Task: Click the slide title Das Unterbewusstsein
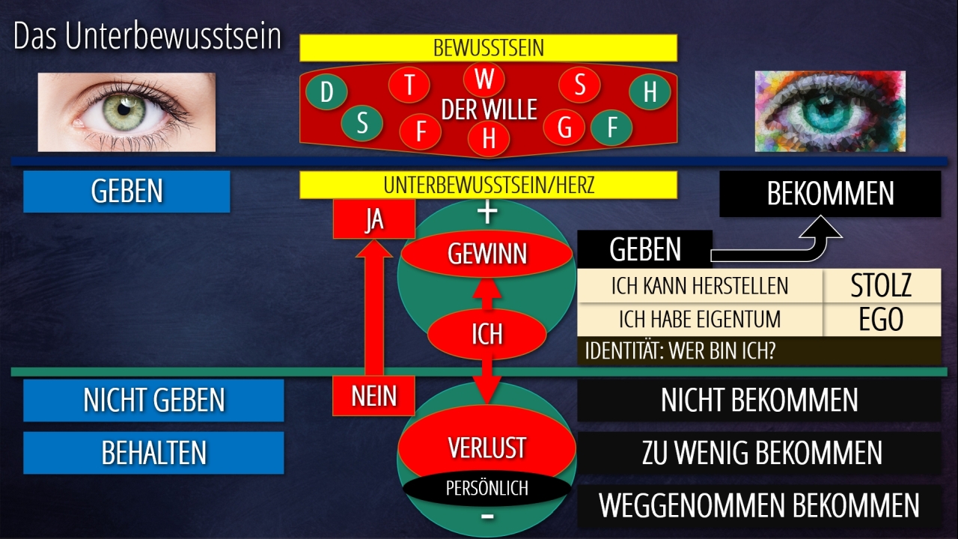pos(147,37)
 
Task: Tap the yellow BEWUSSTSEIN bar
pos(488,48)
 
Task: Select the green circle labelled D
pos(326,93)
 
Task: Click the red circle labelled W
pos(484,79)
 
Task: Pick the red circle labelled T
pos(409,85)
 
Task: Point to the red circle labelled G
pos(564,128)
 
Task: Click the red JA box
pos(373,220)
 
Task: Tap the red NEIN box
pos(373,395)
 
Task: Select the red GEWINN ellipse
pos(487,255)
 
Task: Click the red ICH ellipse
pos(486,334)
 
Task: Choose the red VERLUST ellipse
pos(486,448)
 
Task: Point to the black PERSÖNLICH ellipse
pos(487,488)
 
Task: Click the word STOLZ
pos(882,286)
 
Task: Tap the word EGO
pos(882,320)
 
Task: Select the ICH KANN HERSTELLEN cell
pos(700,286)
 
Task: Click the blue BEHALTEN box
pos(153,453)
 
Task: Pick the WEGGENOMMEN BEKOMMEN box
pos(759,505)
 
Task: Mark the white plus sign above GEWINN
pos(487,213)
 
